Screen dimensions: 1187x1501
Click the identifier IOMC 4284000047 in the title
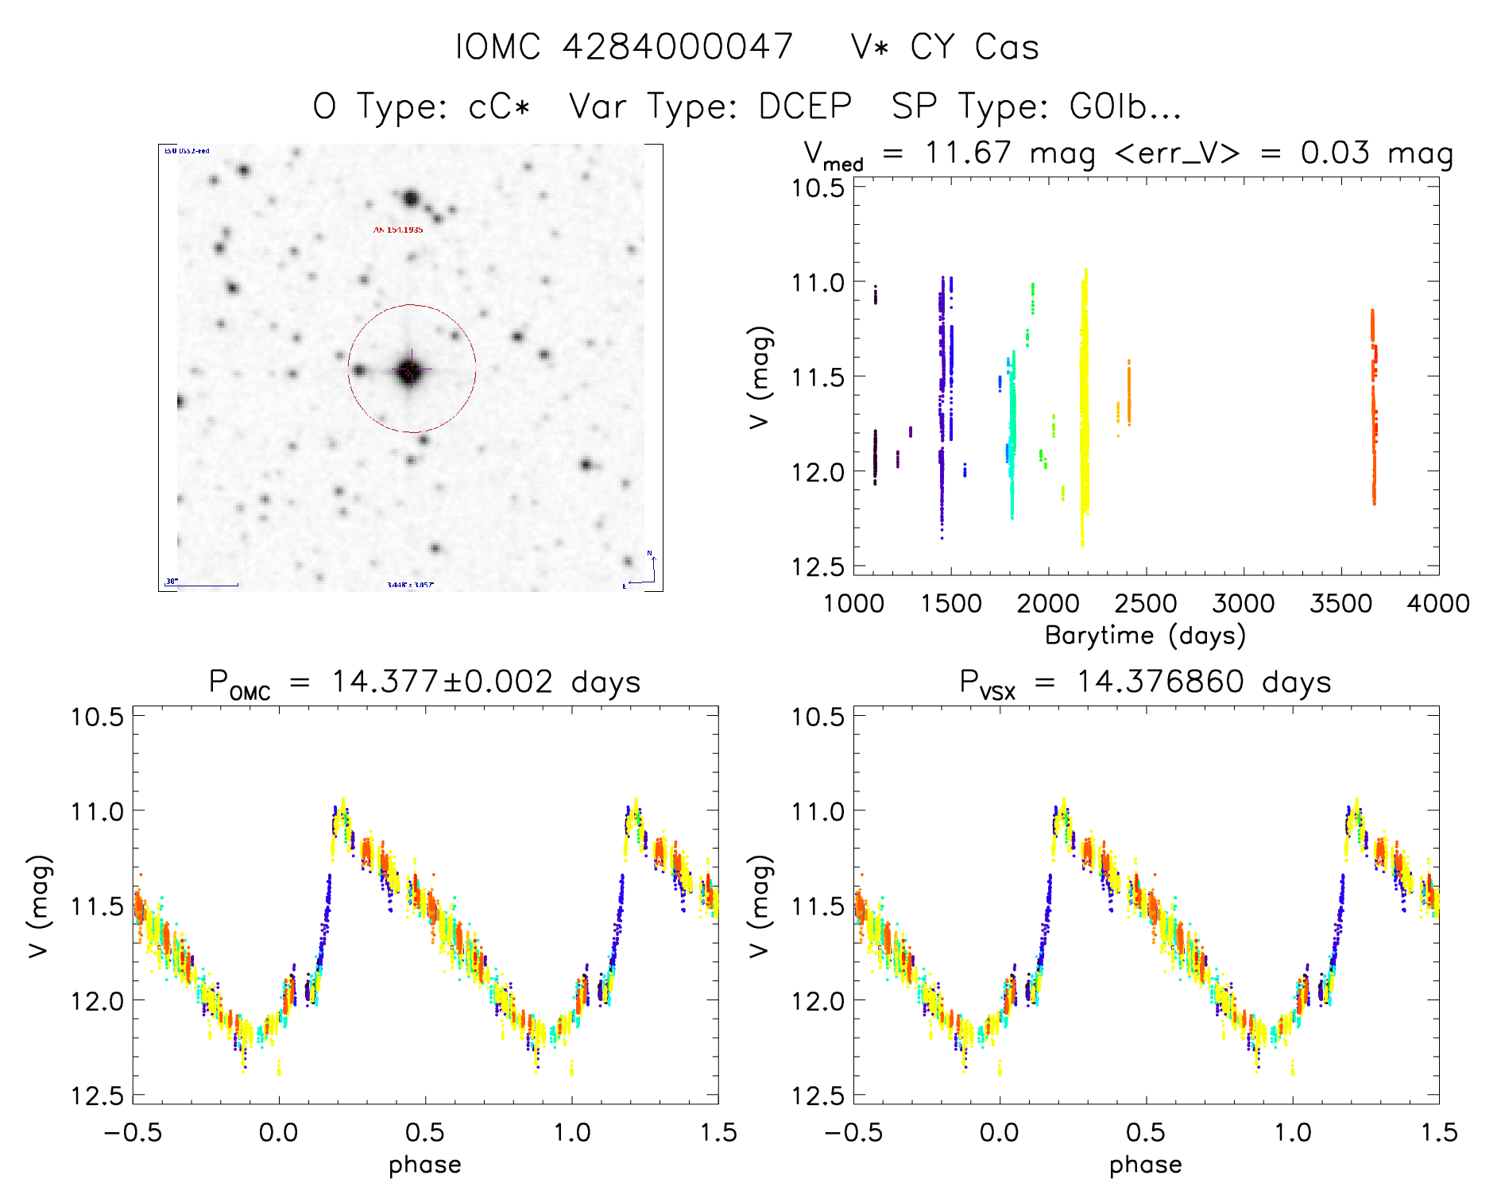624,47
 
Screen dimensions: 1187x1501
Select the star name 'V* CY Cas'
945,47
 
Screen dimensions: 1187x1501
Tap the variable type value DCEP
805,106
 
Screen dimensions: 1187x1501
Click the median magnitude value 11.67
968,153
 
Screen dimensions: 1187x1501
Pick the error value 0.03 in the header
1335,153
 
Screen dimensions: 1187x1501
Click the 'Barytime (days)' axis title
1145,636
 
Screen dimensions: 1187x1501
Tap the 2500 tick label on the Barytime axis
1146,604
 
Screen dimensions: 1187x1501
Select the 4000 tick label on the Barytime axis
1438,604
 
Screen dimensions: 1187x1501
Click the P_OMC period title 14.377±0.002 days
425,682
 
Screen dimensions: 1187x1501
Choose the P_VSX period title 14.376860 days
1145,682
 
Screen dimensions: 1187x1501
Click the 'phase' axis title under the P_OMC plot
425,1165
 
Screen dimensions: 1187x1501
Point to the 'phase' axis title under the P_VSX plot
1145,1165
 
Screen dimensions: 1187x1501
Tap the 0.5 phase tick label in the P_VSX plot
1146,1132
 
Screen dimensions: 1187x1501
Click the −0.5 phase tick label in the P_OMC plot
133,1132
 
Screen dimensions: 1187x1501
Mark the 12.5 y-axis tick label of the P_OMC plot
97,1096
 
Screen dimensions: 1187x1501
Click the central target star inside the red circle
410,370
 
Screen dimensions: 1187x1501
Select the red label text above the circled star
398,230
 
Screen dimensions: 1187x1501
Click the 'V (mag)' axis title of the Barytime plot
760,377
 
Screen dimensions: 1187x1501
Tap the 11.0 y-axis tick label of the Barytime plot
818,282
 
